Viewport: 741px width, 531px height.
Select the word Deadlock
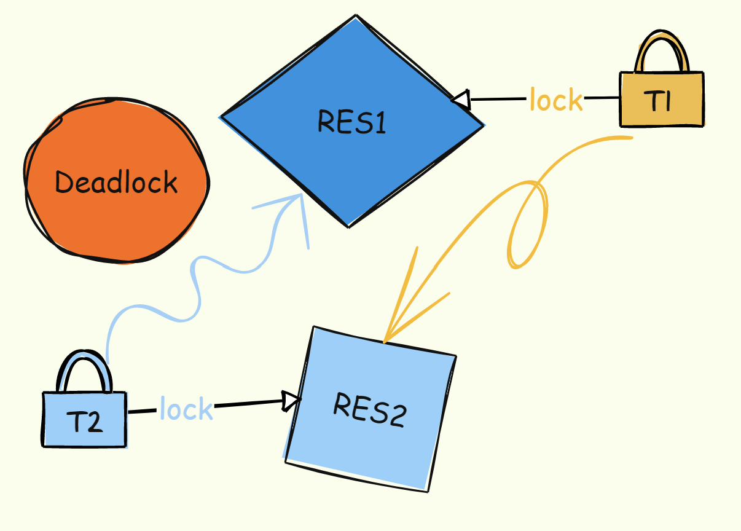pos(116,183)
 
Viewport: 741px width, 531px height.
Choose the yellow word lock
pos(556,100)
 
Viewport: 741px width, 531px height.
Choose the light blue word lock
pos(186,409)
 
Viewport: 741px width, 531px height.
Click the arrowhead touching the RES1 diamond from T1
pos(461,100)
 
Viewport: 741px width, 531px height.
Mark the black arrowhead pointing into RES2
pos(291,401)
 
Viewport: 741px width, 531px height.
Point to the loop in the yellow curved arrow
pos(527,227)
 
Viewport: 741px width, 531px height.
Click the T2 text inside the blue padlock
pos(84,422)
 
